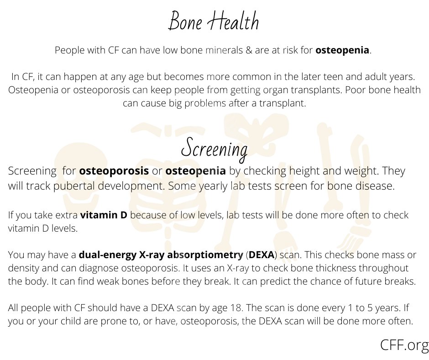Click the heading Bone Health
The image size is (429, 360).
tap(214, 21)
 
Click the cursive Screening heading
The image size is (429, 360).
tap(214, 148)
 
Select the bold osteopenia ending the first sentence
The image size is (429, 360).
tap(342, 50)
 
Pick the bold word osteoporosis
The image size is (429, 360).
tap(114, 171)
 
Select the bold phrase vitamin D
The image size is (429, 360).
tap(104, 215)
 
